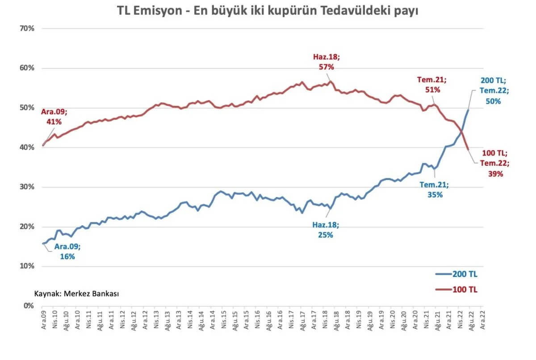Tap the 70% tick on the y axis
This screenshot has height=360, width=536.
28,29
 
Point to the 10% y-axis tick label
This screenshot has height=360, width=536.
28,266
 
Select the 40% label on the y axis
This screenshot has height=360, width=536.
28,147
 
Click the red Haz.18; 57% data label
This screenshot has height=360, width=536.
326,62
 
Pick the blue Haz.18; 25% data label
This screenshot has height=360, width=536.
326,230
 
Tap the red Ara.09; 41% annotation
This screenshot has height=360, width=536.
51,117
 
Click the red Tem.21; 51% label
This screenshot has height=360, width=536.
432,84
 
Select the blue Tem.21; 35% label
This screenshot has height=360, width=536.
433,190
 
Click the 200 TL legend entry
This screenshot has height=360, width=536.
456,274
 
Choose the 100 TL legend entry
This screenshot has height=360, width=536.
456,289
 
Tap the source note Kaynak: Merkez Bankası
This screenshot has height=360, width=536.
76,293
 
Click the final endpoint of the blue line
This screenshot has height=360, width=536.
468,110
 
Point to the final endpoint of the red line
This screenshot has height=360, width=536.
468,150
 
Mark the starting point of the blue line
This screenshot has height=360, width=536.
43,243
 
